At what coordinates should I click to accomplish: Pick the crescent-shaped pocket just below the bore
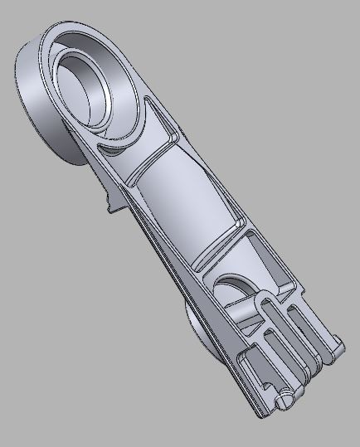115,149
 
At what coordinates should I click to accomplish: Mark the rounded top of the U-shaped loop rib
264,296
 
